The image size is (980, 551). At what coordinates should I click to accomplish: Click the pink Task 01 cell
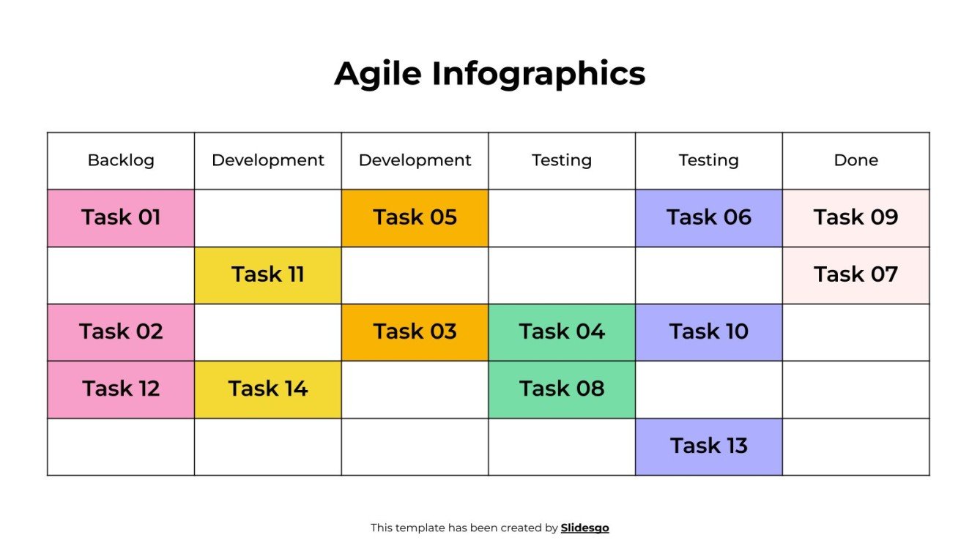point(121,218)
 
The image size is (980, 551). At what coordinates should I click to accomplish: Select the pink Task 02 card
point(121,332)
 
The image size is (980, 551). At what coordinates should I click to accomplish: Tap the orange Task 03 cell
point(415,332)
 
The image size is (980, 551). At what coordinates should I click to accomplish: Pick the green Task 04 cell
point(562,332)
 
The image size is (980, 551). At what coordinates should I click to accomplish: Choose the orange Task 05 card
point(415,218)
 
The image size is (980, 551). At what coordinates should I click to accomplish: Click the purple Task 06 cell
point(708,218)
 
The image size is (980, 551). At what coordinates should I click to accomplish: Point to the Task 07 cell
point(855,275)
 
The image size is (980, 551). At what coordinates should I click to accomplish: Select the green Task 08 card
point(562,389)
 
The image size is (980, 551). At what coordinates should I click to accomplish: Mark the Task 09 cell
point(855,218)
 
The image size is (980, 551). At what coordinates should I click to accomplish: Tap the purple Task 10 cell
point(708,332)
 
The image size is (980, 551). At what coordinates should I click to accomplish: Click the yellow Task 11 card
point(268,275)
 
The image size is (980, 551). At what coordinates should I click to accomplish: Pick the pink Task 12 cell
point(121,389)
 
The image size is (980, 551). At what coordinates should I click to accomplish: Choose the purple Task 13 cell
point(708,446)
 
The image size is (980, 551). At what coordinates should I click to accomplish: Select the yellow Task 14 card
point(268,389)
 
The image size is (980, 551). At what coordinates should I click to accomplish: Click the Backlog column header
point(121,160)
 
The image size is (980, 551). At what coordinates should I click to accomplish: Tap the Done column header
point(855,160)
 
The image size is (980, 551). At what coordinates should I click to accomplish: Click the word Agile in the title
point(377,74)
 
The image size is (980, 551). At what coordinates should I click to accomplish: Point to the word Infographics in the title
point(538,74)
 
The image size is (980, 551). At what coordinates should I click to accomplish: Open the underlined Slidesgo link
point(584,528)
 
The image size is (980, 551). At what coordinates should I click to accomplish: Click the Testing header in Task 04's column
point(562,160)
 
